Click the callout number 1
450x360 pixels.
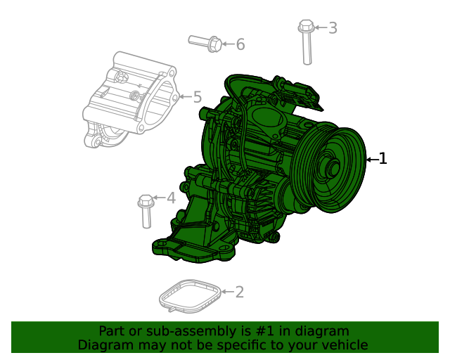pos(383,159)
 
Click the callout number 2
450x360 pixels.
pos(239,292)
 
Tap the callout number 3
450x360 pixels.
pos(333,28)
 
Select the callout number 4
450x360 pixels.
pos(170,199)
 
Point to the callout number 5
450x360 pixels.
pos(197,97)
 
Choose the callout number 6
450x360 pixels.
pos(240,45)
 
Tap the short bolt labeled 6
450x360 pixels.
pos(205,42)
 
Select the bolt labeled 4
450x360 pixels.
pos(146,211)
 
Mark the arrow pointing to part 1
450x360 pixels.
pos(371,160)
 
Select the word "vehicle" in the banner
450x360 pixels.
pos(344,345)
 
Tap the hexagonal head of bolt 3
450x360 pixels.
pos(306,27)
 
